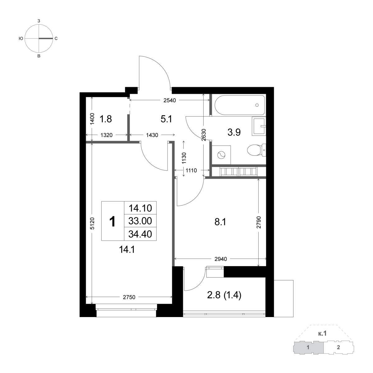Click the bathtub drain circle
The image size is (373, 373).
pyautogui.click(x=257, y=105)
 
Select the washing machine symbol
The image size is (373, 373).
pyautogui.click(x=221, y=155)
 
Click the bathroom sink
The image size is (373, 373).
pyautogui.click(x=259, y=126)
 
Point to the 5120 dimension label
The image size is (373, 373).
pyautogui.click(x=93, y=223)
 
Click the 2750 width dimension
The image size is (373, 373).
pyautogui.click(x=129, y=297)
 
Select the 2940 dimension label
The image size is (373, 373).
pyautogui.click(x=221, y=259)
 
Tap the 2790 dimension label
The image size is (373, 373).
pyautogui.click(x=259, y=222)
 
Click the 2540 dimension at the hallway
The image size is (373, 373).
pyautogui.click(x=170, y=100)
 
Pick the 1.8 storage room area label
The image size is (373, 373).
pyautogui.click(x=105, y=119)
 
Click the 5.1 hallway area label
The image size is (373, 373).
pyautogui.click(x=166, y=119)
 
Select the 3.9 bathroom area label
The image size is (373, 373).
pyautogui.click(x=234, y=133)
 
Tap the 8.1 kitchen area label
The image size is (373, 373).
pyautogui.click(x=220, y=222)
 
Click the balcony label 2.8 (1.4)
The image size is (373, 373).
pyautogui.click(x=224, y=296)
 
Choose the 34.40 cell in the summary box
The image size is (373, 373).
pyautogui.click(x=140, y=234)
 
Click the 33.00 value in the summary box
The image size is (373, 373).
pyautogui.click(x=140, y=221)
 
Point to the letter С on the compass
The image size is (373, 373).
pyautogui.click(x=56, y=39)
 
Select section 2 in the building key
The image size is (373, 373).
pyautogui.click(x=338, y=347)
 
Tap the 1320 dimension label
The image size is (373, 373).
pyautogui.click(x=107, y=135)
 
